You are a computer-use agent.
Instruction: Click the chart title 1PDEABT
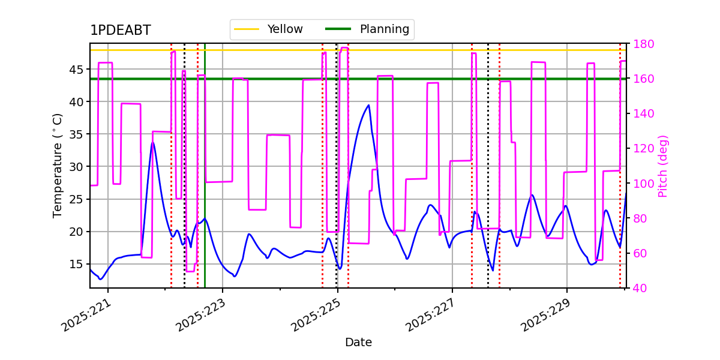click(x=121, y=30)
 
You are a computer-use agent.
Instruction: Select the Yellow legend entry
click(x=268, y=29)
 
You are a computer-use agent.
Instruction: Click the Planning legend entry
click(x=367, y=29)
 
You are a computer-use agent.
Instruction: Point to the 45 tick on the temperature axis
click(x=76, y=70)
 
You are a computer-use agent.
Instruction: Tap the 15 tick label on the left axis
click(x=76, y=264)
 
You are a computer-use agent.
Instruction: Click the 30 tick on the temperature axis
click(x=76, y=167)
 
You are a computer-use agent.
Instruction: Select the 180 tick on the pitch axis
click(x=643, y=44)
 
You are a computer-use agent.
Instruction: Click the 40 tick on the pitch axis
click(x=640, y=288)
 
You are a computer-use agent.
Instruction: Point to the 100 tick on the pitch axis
click(x=643, y=184)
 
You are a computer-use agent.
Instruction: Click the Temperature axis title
click(x=57, y=166)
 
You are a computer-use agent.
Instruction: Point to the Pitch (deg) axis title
click(x=663, y=166)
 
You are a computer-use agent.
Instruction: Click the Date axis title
click(x=358, y=343)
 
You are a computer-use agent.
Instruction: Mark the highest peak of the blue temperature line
click(x=368, y=105)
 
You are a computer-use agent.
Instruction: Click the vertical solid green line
click(x=205, y=166)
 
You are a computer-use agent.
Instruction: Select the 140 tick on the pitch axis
click(x=643, y=114)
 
